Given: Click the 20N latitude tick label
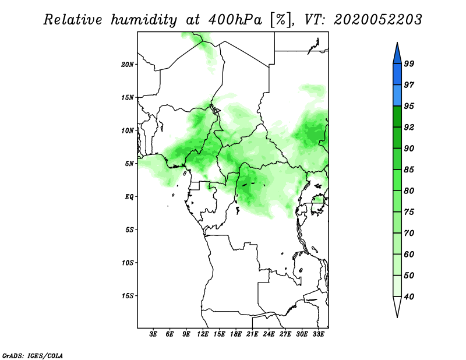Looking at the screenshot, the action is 128,64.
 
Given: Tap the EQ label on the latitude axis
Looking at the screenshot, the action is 129,196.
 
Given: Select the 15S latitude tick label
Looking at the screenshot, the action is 128,296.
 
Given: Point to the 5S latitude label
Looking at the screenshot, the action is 129,230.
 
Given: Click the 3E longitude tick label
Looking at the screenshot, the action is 153,334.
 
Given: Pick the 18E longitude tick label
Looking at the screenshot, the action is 236,334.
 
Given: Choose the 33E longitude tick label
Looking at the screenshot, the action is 318,334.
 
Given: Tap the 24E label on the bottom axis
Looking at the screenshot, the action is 269,334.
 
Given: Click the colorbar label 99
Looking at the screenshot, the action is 409,63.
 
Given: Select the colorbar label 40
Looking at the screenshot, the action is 409,297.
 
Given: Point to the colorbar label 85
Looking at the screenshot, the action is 409,170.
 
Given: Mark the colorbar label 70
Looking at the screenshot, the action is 409,233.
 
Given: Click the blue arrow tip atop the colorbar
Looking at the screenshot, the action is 397,43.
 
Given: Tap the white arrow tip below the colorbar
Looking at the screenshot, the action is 397,317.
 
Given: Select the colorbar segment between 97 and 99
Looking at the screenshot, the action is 397,75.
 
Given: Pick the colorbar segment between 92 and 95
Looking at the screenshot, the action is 397,117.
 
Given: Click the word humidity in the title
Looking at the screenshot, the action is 144,20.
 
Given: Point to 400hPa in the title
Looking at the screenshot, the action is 235,20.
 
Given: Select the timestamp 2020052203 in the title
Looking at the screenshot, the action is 377,20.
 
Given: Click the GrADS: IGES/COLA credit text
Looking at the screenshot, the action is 33,355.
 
